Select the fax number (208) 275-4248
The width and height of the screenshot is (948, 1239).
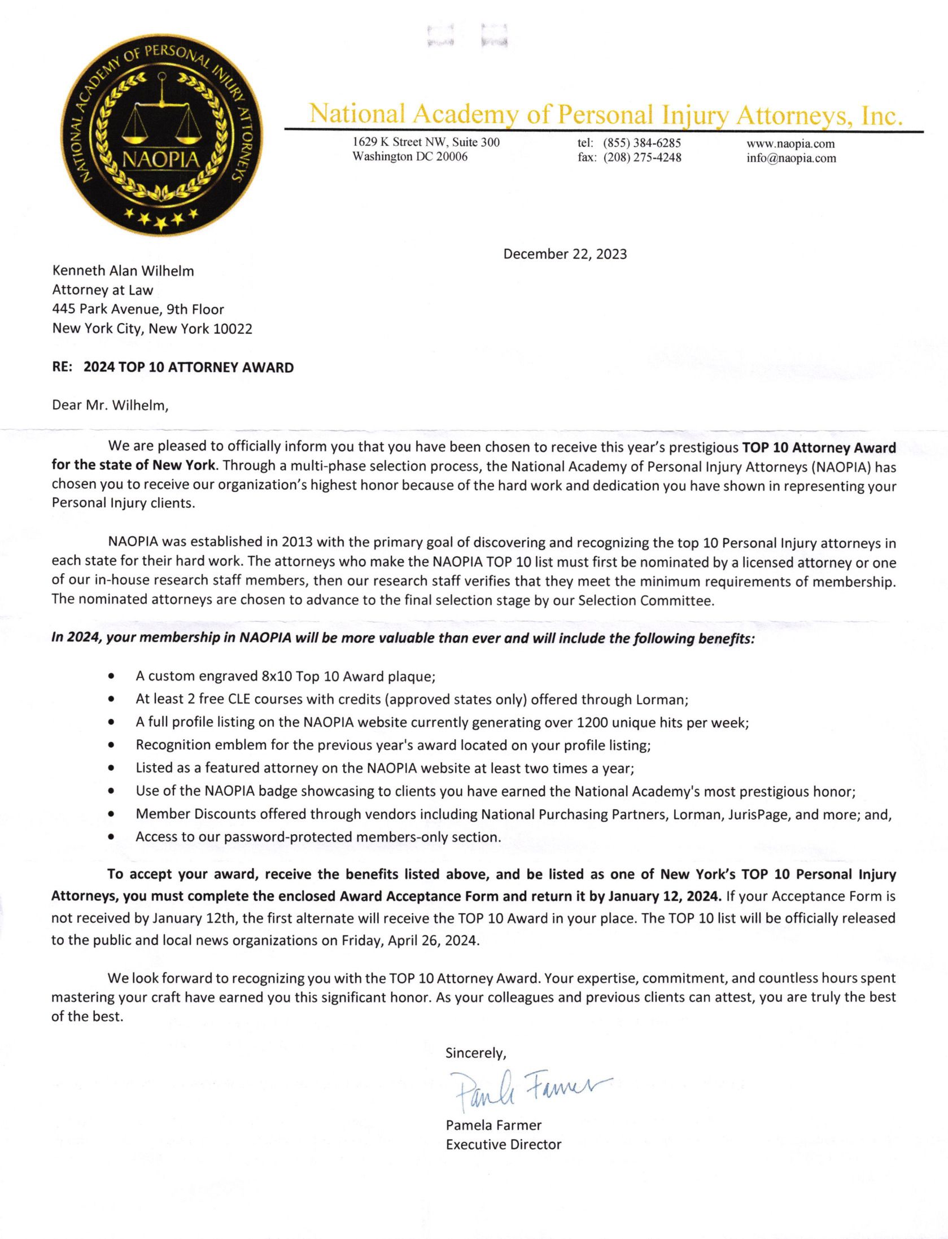coord(642,158)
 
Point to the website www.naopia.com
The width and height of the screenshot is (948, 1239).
coord(790,143)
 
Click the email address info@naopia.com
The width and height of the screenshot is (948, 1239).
coord(791,158)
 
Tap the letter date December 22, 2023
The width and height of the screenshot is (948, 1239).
coord(565,254)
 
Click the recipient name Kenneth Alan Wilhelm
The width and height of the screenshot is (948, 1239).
coord(123,271)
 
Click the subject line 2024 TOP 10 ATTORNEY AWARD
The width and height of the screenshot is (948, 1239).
coord(189,368)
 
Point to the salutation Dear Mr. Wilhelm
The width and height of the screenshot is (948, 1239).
coord(110,405)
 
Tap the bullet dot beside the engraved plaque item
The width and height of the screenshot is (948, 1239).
coord(112,676)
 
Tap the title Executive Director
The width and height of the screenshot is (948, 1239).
coord(504,1145)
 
